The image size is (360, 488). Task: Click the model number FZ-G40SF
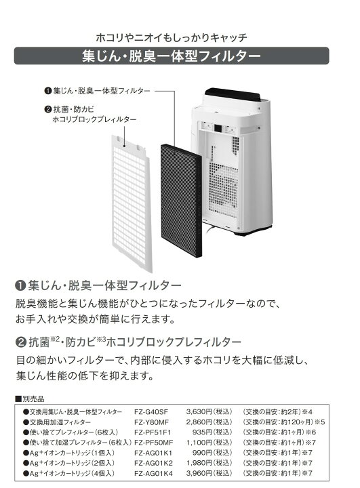(x=151, y=412)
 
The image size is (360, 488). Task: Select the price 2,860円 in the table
(x=199, y=422)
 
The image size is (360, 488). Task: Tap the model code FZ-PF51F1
(x=153, y=432)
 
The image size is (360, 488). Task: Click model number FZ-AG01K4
(x=153, y=473)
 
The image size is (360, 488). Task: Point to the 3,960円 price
(x=199, y=473)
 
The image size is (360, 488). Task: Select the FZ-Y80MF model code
(x=151, y=422)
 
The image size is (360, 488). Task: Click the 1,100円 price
(x=199, y=443)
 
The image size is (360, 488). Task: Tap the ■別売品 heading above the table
(x=30, y=399)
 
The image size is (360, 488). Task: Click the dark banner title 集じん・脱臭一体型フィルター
(x=172, y=56)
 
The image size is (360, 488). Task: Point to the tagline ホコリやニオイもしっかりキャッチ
(x=172, y=38)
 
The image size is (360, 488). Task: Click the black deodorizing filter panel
(x=181, y=201)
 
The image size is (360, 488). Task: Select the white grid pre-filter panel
(x=132, y=203)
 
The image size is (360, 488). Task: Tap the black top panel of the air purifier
(x=233, y=94)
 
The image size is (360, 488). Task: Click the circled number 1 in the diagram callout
(x=47, y=91)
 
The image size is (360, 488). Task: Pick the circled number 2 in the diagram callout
(x=47, y=109)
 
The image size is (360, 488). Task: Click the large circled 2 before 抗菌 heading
(x=20, y=342)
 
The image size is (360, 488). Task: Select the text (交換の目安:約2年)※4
(x=277, y=412)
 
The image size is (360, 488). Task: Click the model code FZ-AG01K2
(x=153, y=463)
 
